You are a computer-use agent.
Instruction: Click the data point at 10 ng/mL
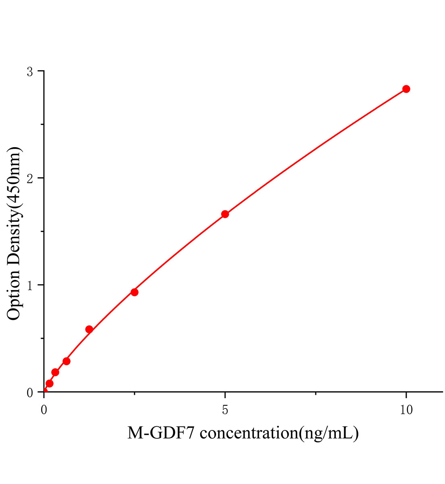[406, 89]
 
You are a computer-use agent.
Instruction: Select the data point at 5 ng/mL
[225, 214]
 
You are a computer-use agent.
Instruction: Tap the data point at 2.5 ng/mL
[135, 292]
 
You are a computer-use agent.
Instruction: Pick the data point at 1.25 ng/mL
[89, 330]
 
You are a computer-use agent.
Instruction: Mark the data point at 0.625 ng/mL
[67, 361]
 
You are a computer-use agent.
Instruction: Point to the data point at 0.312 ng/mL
[55, 372]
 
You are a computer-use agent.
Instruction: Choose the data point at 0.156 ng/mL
[50, 383]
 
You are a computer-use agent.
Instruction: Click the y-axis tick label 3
[30, 72]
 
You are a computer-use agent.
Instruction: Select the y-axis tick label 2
[30, 179]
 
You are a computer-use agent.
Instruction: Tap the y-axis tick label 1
[30, 286]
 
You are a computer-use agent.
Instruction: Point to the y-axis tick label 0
[30, 392]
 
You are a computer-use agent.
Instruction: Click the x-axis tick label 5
[225, 410]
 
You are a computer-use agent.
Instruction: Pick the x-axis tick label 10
[406, 410]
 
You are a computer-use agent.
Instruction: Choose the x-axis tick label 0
[44, 410]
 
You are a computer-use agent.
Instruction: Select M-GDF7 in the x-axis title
[161, 434]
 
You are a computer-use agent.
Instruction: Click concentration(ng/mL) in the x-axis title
[279, 434]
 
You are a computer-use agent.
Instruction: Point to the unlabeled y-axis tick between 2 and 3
[42, 125]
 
